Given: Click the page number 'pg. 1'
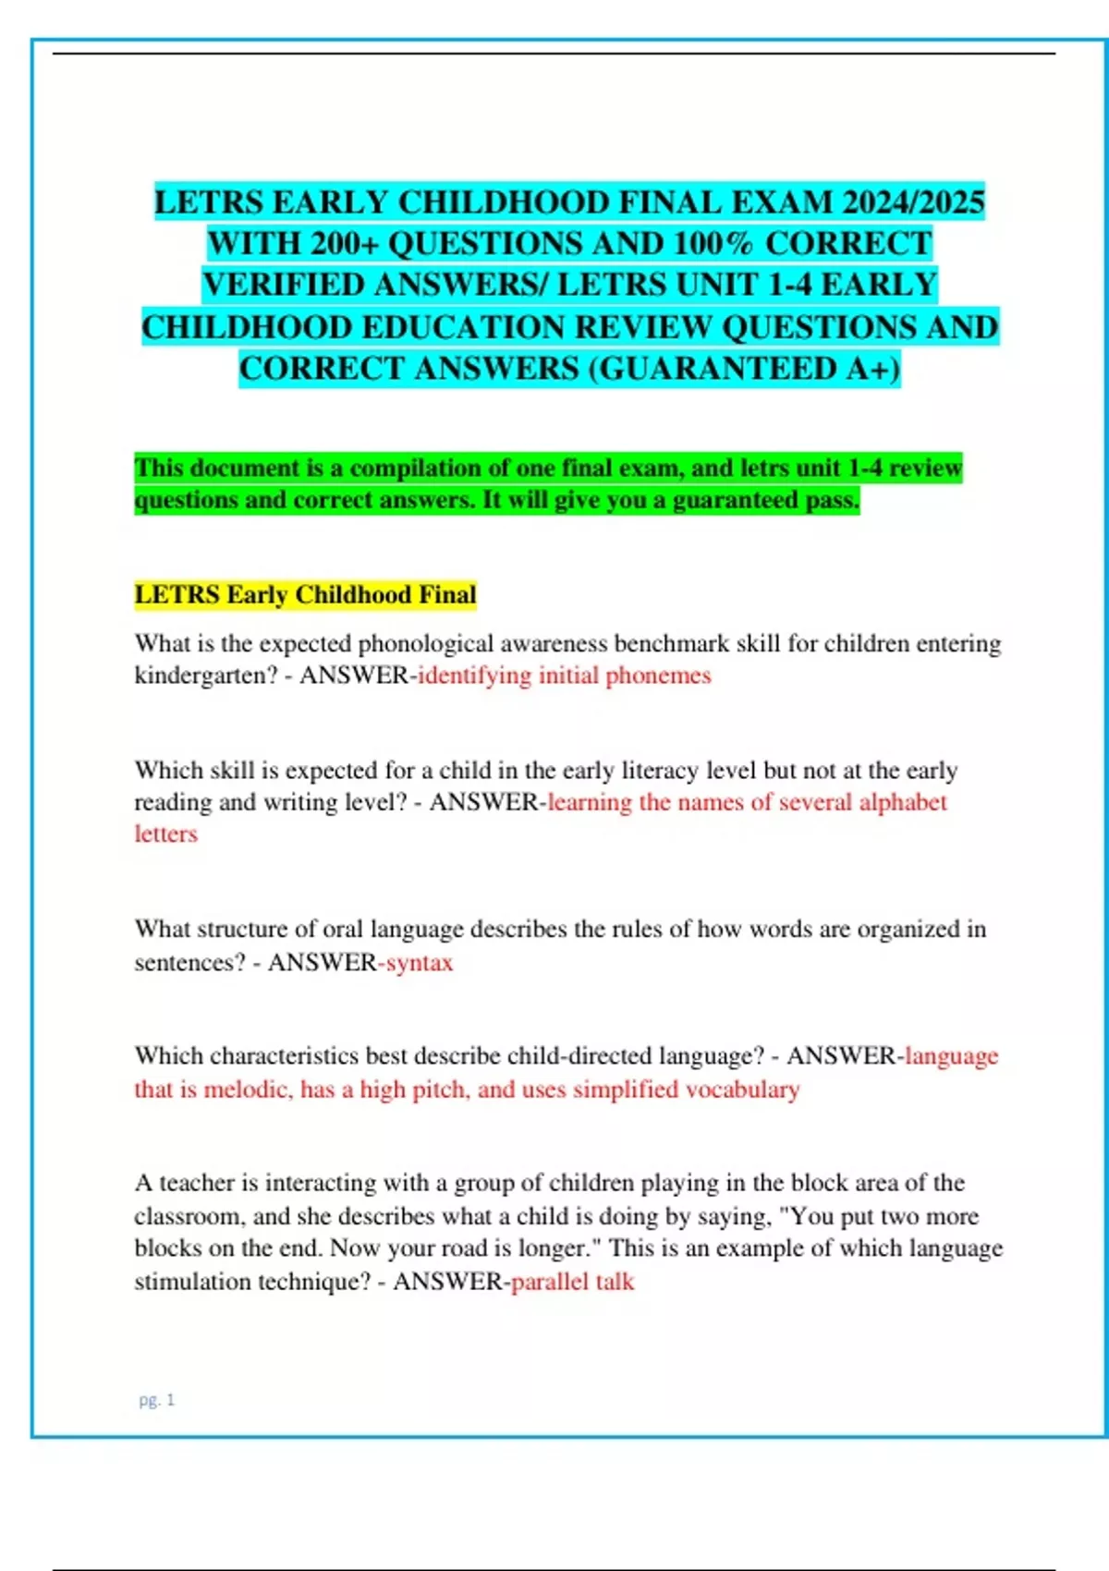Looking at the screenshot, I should tap(156, 1400).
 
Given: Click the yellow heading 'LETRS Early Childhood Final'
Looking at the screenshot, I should tap(305, 594).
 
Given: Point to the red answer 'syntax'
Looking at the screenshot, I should tap(420, 963).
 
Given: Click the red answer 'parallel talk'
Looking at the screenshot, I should tap(573, 1282).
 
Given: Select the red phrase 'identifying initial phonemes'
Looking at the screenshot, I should tap(565, 676).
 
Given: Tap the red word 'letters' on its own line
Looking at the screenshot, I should tap(166, 834).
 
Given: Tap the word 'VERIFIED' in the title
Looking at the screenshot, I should tap(283, 285).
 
